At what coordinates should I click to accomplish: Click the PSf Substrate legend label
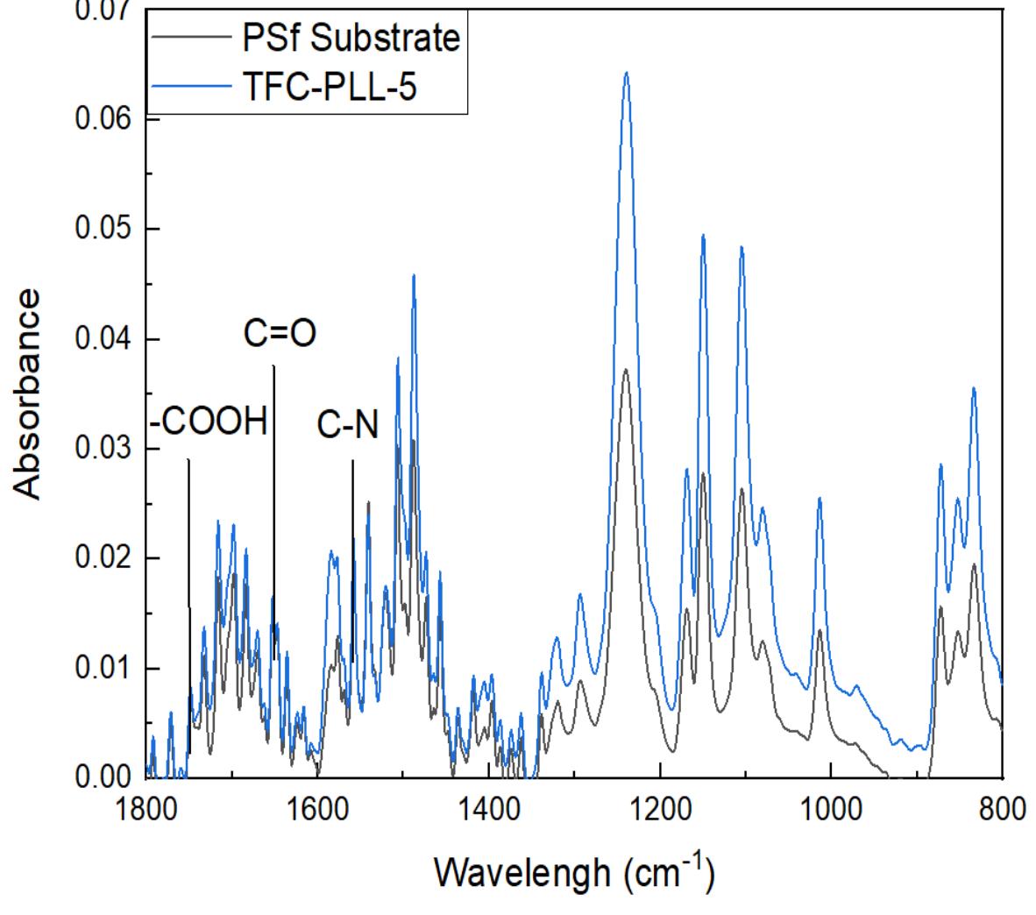pos(350,39)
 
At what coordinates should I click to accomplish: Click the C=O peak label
pos(279,334)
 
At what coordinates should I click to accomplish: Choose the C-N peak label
pos(347,426)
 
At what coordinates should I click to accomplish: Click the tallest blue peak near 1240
pos(626,74)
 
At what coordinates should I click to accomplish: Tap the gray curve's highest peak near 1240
pos(625,371)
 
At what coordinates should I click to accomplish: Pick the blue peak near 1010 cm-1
pos(820,499)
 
